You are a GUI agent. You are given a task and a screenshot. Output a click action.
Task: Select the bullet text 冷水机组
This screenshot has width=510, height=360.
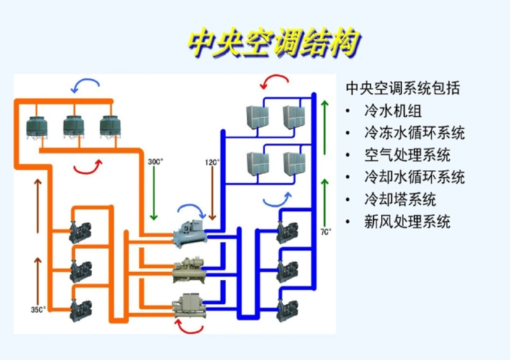point(398,112)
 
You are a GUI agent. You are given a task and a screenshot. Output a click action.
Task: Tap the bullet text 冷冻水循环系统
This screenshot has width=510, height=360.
point(414,133)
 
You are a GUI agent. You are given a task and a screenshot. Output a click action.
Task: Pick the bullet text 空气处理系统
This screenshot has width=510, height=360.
point(407,155)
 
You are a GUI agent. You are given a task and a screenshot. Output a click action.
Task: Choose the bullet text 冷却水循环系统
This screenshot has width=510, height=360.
point(414,177)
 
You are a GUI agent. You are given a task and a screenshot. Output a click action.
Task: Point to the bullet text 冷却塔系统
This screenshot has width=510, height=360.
point(400,199)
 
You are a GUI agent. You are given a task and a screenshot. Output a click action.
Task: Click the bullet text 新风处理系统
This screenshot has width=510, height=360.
point(407,221)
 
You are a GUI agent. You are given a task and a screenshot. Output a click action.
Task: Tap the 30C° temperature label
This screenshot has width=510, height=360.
point(156,161)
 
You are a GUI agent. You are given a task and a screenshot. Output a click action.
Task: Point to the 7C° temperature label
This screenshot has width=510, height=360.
point(326,232)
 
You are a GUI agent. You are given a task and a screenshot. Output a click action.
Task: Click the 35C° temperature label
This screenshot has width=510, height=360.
point(38,310)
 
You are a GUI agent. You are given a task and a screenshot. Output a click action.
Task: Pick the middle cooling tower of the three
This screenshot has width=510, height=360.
point(74,126)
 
